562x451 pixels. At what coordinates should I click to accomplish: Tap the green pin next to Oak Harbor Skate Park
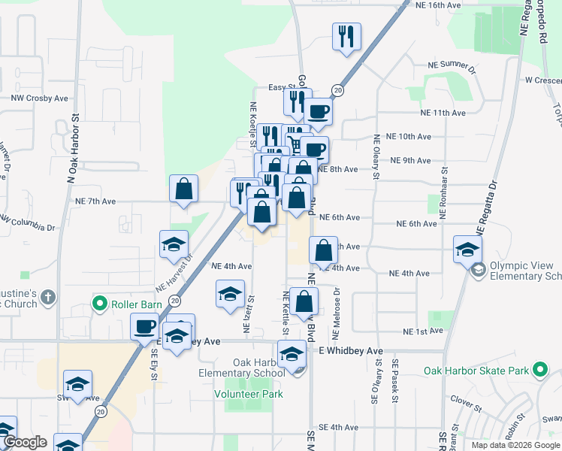(x=539, y=370)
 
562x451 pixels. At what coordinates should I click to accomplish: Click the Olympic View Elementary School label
(x=525, y=271)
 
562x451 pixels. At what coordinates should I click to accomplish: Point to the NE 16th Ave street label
(x=437, y=5)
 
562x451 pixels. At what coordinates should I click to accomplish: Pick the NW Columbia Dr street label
(x=28, y=222)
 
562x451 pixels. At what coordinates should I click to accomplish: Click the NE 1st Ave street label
(x=418, y=331)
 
